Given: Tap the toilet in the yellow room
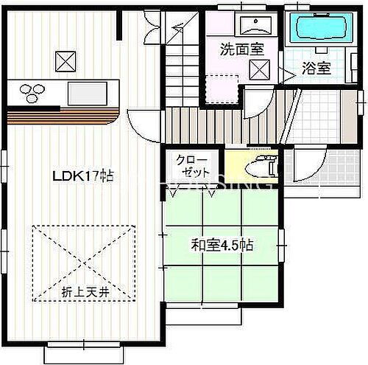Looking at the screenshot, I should [260, 167].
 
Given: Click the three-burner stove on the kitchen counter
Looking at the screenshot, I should [32, 93].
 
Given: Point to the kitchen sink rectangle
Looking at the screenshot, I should [87, 94].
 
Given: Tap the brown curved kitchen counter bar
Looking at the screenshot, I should [63, 117].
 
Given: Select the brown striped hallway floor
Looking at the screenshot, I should [221, 122].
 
